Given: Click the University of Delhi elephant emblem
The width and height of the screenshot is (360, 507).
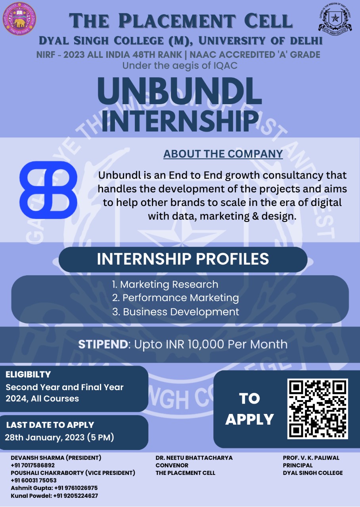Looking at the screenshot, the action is (19, 19).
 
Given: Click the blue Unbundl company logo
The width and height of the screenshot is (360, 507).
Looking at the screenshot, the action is (48, 190).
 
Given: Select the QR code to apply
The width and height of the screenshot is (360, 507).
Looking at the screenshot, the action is (318, 409).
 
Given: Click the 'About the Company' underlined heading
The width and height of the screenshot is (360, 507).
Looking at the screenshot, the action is (223, 154).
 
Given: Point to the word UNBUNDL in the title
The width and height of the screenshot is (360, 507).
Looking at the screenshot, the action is (180, 91).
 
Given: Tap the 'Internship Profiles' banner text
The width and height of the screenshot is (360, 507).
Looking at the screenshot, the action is (183, 259).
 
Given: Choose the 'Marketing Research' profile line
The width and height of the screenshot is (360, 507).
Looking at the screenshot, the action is (165, 284).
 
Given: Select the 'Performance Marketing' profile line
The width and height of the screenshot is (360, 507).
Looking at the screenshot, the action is (176, 298).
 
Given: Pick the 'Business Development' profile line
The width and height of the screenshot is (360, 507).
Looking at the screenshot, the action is (176, 312).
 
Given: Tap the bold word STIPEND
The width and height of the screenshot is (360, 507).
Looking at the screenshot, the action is (103, 344).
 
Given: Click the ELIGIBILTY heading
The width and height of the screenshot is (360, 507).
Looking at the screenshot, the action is (28, 374).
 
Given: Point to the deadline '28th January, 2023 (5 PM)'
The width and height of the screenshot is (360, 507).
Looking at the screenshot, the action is (59, 437).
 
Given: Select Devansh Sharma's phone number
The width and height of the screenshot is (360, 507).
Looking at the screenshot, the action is (33, 465).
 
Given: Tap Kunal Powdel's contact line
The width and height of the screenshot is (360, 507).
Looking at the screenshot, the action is (54, 496).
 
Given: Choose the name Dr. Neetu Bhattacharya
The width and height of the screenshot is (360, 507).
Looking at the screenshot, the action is (194, 457).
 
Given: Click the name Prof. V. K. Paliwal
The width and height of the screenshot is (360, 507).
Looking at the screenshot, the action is (311, 457).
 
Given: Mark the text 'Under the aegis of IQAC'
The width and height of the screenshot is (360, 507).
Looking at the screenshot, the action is (180, 66).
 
